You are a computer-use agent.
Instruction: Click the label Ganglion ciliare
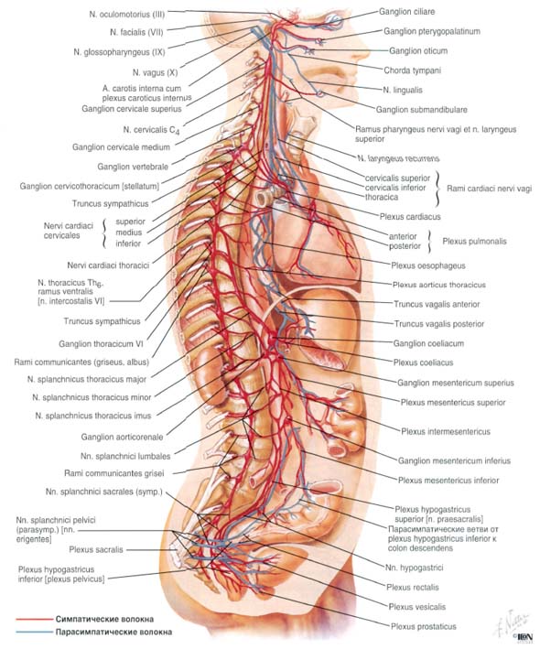(406, 12)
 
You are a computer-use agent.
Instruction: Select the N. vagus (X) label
(156, 72)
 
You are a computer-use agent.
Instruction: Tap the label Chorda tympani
(412, 70)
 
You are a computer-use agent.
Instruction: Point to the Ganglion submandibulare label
(422, 110)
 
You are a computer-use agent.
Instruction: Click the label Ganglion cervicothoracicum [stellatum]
(90, 186)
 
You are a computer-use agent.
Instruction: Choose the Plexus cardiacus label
(410, 216)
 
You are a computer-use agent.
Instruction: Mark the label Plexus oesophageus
(428, 265)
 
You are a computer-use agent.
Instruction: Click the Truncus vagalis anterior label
(437, 304)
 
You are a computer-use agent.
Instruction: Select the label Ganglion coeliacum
(428, 343)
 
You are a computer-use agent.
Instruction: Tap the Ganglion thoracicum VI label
(101, 343)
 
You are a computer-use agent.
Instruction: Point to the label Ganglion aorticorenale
(122, 437)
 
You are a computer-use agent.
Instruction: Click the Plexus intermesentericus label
(446, 431)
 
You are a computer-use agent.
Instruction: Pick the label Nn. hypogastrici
(415, 568)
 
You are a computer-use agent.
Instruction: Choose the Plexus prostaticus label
(424, 626)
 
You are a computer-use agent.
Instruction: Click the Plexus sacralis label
(96, 549)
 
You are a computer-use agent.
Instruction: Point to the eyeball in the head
(334, 20)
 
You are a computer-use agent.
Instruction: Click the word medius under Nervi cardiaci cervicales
(129, 233)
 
